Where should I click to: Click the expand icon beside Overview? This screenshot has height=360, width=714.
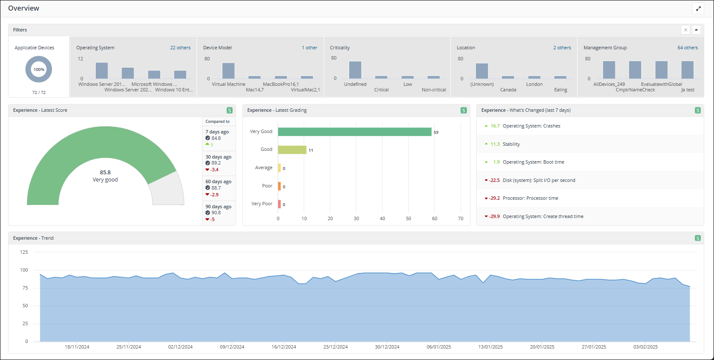[x=698, y=9]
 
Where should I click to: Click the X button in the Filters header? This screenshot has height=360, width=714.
[x=686, y=30]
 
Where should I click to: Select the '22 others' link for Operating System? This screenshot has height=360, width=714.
[x=180, y=48]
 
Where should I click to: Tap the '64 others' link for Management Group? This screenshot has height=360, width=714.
[x=688, y=48]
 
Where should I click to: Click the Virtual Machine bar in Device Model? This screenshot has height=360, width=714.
[x=228, y=71]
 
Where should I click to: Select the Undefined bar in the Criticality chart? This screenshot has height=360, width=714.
[x=355, y=70]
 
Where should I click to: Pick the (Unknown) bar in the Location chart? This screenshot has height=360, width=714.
[x=482, y=71]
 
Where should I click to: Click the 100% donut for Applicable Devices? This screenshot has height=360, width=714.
[x=39, y=69]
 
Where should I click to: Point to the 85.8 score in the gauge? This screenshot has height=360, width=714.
[x=105, y=172]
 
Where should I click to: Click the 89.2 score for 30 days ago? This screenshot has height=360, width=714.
[x=216, y=163]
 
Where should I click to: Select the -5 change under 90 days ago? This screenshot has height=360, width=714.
[x=212, y=219]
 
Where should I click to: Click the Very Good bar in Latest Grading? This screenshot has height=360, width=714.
[x=354, y=132]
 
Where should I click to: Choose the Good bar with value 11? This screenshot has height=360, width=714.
[x=292, y=150]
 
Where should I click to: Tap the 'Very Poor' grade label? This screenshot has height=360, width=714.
[x=262, y=204]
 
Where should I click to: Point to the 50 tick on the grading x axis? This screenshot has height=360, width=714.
[x=408, y=218]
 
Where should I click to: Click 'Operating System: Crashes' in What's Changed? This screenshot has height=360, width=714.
[x=531, y=126]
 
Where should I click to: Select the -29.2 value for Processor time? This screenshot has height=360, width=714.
[x=495, y=198]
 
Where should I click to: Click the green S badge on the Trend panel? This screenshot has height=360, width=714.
[x=697, y=238]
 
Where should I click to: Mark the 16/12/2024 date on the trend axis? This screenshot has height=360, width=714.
[x=284, y=347]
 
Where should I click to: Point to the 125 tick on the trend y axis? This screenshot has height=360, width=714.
[x=24, y=252]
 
